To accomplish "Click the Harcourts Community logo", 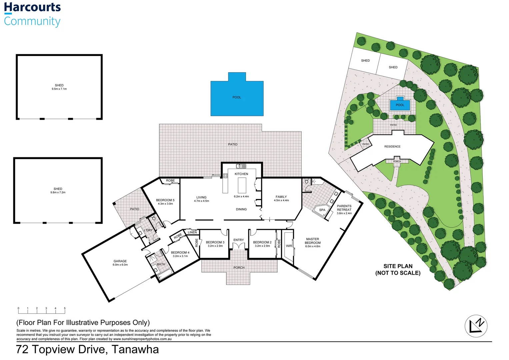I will [x=32, y=14].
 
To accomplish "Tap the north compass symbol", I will [x=476, y=326].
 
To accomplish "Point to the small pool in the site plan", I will [x=400, y=105].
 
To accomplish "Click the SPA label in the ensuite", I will [x=322, y=210].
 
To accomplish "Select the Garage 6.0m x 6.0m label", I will [x=120, y=263].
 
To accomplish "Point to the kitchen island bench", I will [x=242, y=185].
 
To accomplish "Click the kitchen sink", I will [x=241, y=166].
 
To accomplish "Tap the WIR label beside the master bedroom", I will [x=289, y=246].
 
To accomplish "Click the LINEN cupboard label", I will [x=192, y=232].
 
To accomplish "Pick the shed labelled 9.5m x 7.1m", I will [x=59, y=87].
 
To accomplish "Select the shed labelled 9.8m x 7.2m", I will [x=58, y=190].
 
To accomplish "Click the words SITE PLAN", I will [x=398, y=266].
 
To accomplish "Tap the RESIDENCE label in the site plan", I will [x=392, y=147].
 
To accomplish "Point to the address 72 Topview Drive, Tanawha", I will [x=87, y=349].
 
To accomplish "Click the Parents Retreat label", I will [x=344, y=209].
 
